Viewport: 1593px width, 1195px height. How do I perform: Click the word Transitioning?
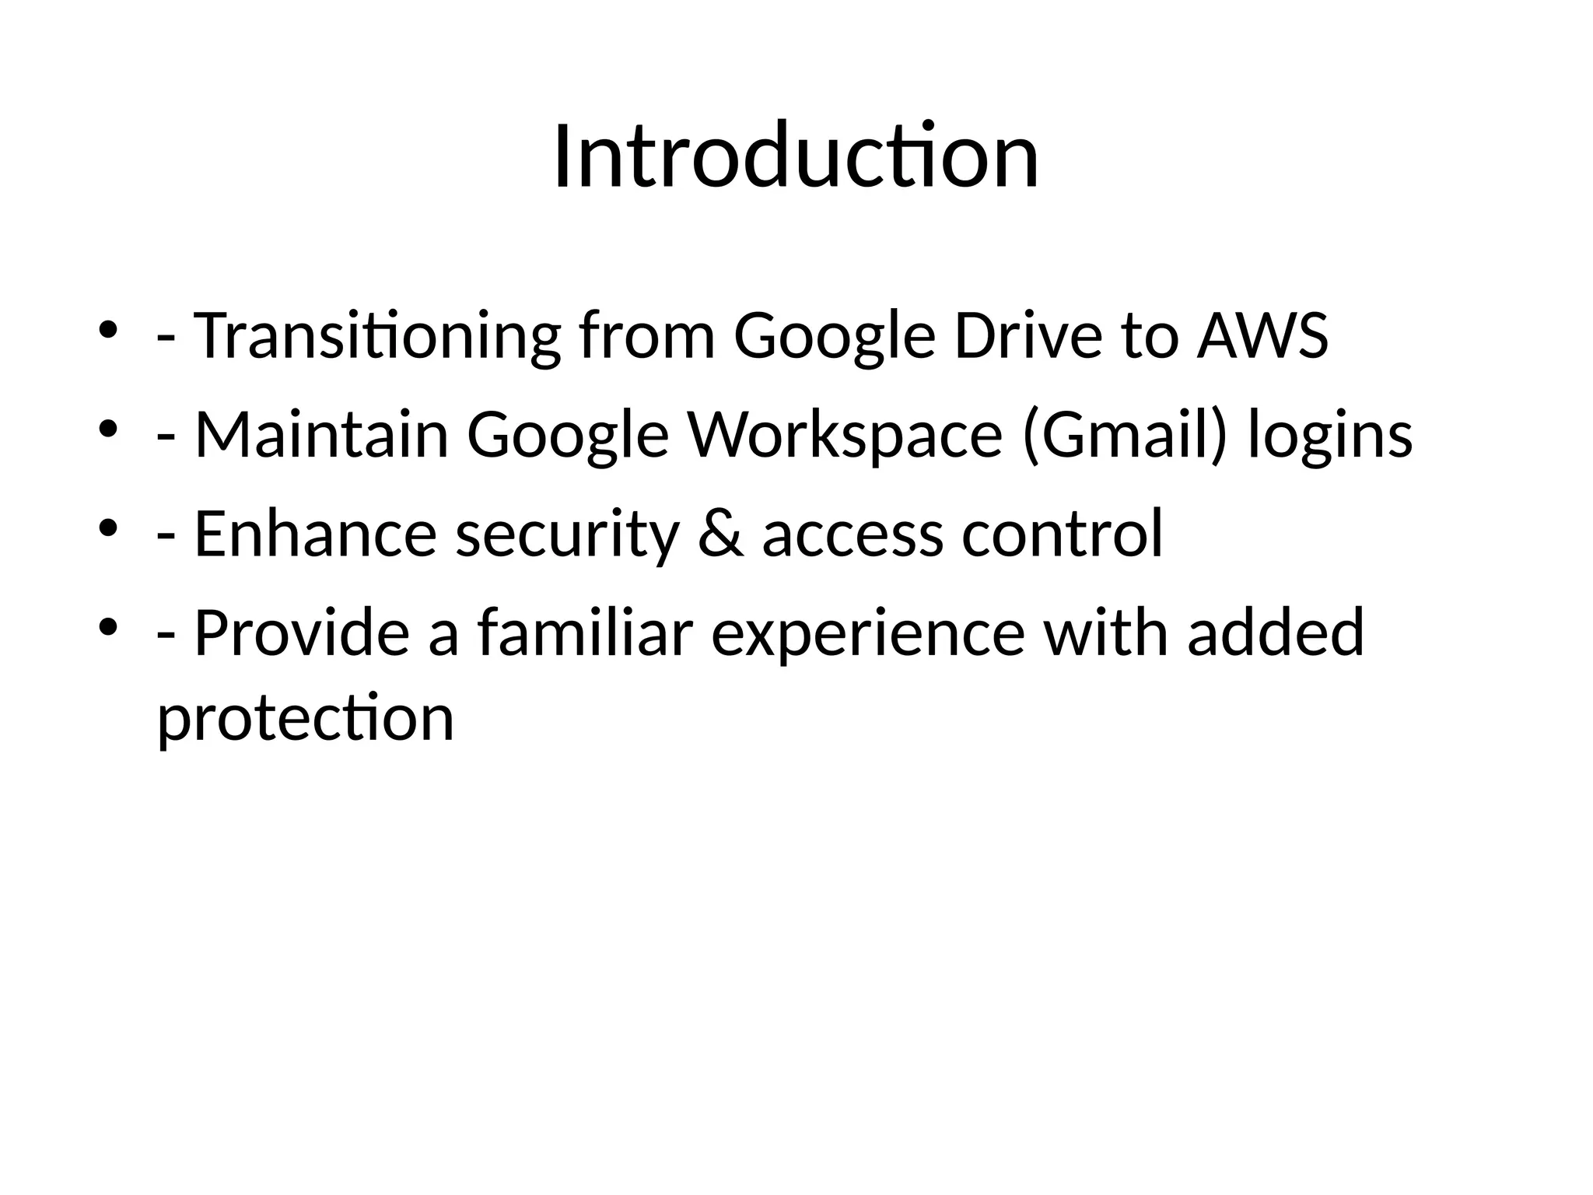376,336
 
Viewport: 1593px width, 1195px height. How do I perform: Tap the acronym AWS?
1262,336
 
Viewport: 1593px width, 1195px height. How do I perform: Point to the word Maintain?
321,435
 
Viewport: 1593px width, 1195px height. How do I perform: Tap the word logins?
1330,435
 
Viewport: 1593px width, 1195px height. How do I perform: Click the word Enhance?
315,534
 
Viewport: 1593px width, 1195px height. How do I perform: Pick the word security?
567,534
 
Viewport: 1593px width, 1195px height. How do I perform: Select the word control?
1063,534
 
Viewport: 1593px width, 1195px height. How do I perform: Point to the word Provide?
302,633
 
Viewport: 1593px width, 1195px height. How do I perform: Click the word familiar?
584,633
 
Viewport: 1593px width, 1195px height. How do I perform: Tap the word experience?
868,633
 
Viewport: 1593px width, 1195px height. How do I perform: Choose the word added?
1276,633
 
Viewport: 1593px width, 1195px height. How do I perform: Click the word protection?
306,717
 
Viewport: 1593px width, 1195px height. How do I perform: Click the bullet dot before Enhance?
107,527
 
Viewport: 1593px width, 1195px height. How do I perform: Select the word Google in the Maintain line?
568,435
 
